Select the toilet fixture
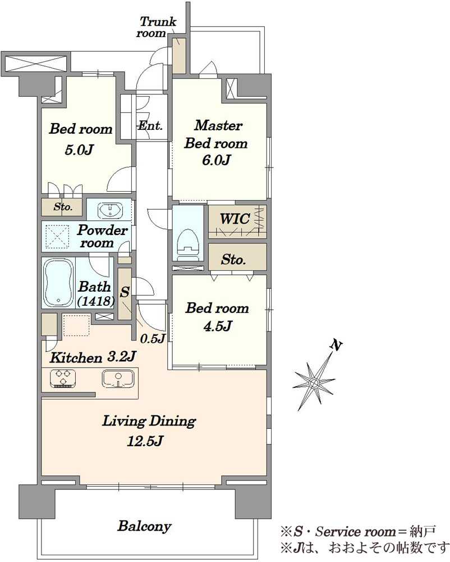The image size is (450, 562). pos(187,242)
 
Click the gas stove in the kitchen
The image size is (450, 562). pos(63,378)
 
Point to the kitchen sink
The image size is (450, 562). pos(118,378)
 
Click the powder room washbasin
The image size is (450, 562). pos(109,210)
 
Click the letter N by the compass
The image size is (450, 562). pos(336,346)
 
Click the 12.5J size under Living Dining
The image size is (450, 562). pos(145,441)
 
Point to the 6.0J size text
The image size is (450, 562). pos(216,160)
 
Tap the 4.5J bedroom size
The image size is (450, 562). pos(218,326)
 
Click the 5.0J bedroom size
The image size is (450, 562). pos(79,149)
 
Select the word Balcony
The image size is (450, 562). pos(145,526)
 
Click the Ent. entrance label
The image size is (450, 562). pos(150,125)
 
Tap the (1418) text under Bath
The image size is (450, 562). pos(95,301)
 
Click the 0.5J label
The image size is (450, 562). pos(153,338)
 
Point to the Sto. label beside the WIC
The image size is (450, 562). pos(233,259)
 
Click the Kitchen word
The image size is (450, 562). pos(76,357)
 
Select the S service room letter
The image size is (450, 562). pos(124,292)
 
